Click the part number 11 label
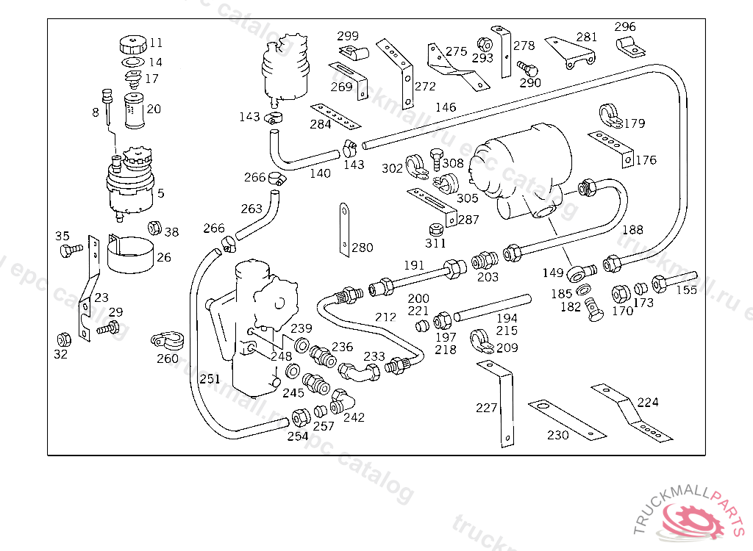[156, 43]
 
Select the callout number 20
[154, 109]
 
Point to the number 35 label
[63, 236]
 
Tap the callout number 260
[168, 359]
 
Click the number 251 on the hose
[210, 379]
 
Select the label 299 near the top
[348, 36]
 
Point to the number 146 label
[446, 107]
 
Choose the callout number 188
[632, 230]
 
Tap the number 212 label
[385, 317]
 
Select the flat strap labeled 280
[344, 228]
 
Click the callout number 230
[558, 435]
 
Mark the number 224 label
[648, 402]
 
